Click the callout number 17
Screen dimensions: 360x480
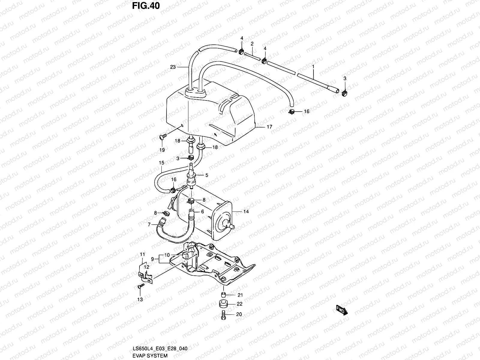point(269,127)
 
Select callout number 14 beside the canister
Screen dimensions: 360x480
point(246,211)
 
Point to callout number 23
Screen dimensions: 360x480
point(173,67)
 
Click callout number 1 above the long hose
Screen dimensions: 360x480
point(313,65)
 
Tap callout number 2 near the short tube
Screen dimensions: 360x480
point(252,44)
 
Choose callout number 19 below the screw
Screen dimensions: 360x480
point(162,150)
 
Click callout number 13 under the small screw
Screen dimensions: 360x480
point(140,299)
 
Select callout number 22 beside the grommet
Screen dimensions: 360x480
point(239,304)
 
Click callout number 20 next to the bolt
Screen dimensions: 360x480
point(239,314)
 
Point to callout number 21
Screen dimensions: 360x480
point(240,295)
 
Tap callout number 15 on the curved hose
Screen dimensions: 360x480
point(162,163)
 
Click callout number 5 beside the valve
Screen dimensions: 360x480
point(206,175)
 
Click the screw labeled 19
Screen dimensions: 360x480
point(162,138)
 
